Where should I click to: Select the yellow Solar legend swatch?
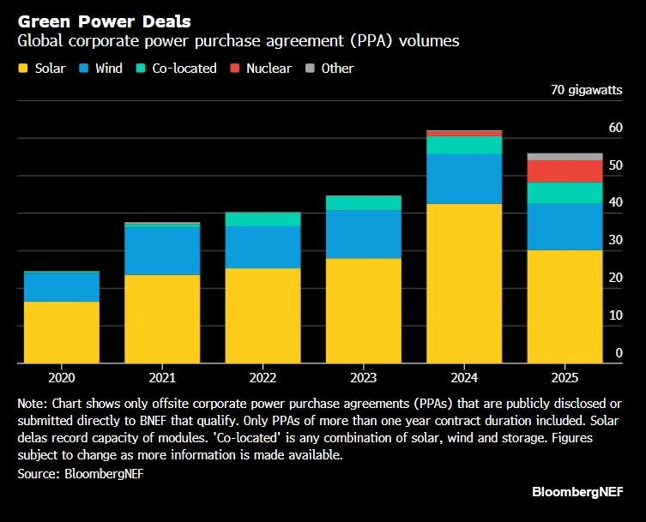pyautogui.click(x=23, y=68)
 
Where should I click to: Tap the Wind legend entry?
pyautogui.click(x=101, y=68)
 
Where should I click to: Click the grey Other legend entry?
pyautogui.click(x=329, y=68)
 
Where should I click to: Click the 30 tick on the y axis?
pyautogui.click(x=615, y=241)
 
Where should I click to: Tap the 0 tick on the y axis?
pyautogui.click(x=619, y=353)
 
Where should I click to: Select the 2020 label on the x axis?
pyautogui.click(x=61, y=377)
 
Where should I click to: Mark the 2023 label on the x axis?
pyautogui.click(x=363, y=377)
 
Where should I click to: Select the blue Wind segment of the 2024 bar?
pyautogui.click(x=464, y=178)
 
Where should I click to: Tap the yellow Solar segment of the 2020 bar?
pyautogui.click(x=61, y=332)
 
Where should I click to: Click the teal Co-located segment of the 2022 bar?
pyautogui.click(x=263, y=219)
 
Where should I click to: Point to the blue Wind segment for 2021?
pyautogui.click(x=162, y=250)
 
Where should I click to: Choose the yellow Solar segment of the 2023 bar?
pyautogui.click(x=363, y=310)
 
